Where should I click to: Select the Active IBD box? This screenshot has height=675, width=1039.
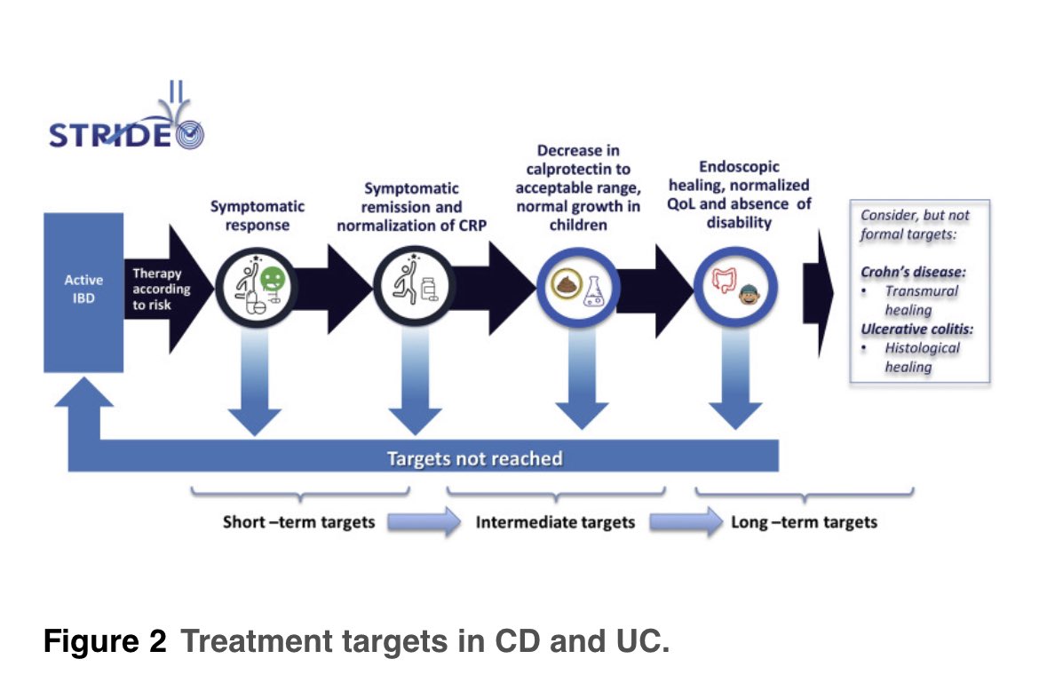pos(83,290)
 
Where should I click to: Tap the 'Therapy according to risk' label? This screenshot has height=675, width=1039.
pos(162,290)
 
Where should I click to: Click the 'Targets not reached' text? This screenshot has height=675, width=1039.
pos(474,459)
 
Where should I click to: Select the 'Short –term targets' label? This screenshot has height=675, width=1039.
pos(298,521)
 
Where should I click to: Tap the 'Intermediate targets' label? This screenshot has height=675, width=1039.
pos(555,521)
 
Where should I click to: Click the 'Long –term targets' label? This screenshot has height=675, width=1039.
pos(804,521)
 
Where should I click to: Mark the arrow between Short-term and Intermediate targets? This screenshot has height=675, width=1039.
pos(423,521)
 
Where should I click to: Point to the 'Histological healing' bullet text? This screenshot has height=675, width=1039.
pos(921,357)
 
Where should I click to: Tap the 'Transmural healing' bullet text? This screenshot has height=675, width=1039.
pos(921,300)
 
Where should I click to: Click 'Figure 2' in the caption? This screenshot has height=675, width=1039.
pos(105,641)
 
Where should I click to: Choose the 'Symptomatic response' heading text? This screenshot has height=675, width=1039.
pos(257,215)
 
